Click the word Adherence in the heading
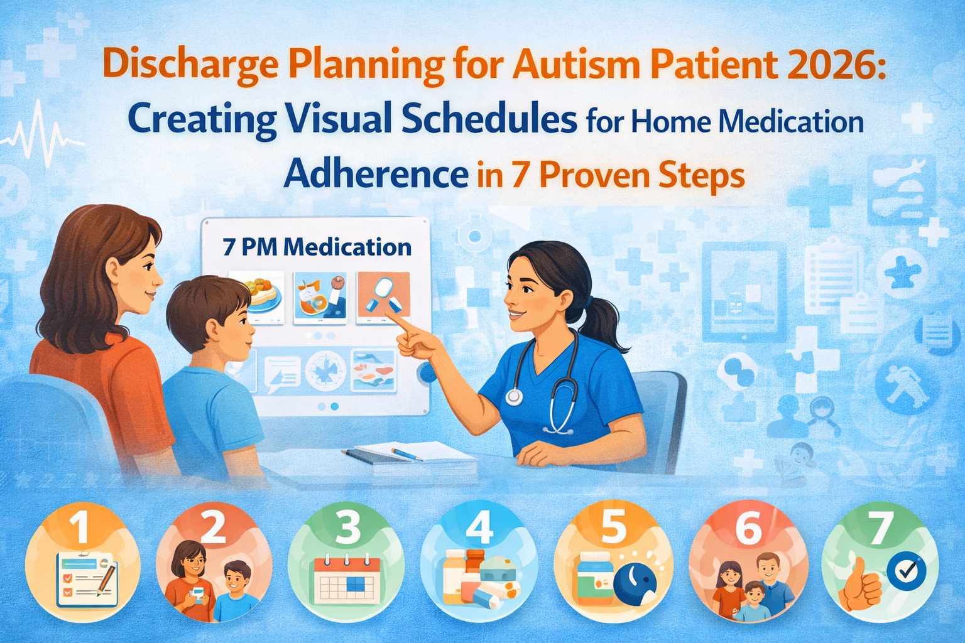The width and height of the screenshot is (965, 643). point(376,174)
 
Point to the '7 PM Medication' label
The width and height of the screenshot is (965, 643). point(317,247)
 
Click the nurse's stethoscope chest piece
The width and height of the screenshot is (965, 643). point(514,397)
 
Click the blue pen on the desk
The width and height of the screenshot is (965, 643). point(406,453)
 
